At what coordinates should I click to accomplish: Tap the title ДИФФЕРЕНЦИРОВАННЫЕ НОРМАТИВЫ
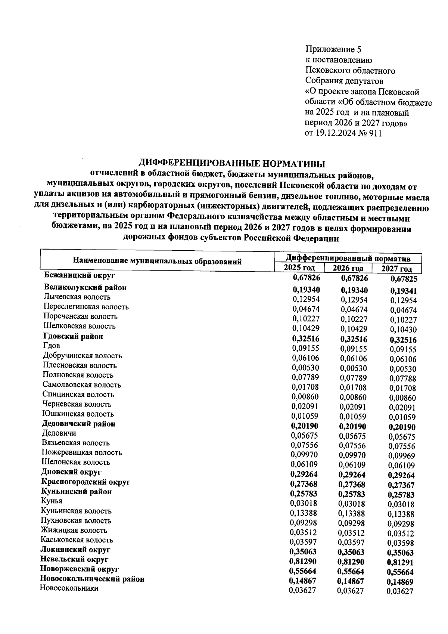coord(232,163)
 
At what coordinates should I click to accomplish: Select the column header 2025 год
coord(299,267)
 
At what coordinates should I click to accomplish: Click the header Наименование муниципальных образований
coord(157,261)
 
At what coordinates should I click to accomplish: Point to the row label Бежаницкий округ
coord(79,276)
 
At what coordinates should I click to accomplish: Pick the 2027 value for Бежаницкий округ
coord(404,279)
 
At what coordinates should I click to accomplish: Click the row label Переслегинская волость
coord(86,307)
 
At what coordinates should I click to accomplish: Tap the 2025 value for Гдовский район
coord(306,339)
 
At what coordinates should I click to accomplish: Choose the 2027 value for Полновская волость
coord(402,378)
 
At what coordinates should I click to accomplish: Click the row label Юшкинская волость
coord(78,414)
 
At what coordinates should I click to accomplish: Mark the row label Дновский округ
coord(71,472)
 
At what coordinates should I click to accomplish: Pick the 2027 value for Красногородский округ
coord(401,485)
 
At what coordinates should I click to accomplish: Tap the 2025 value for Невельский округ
coord(304,562)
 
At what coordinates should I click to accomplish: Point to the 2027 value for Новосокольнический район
coord(400,582)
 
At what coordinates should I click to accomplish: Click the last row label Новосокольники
coord(69,588)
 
